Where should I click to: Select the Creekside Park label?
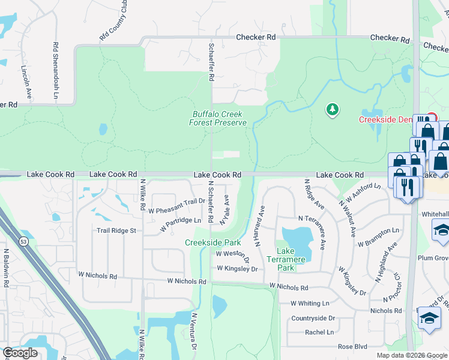click(x=212, y=243)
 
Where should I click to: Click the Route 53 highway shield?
click(x=22, y=224)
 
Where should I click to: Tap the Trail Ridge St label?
click(x=116, y=230)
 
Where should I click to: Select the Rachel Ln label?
click(x=319, y=332)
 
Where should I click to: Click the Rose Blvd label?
click(x=352, y=346)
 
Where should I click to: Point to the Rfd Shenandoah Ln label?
click(x=55, y=63)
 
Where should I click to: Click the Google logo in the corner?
click(x=20, y=353)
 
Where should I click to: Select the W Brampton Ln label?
click(x=378, y=238)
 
